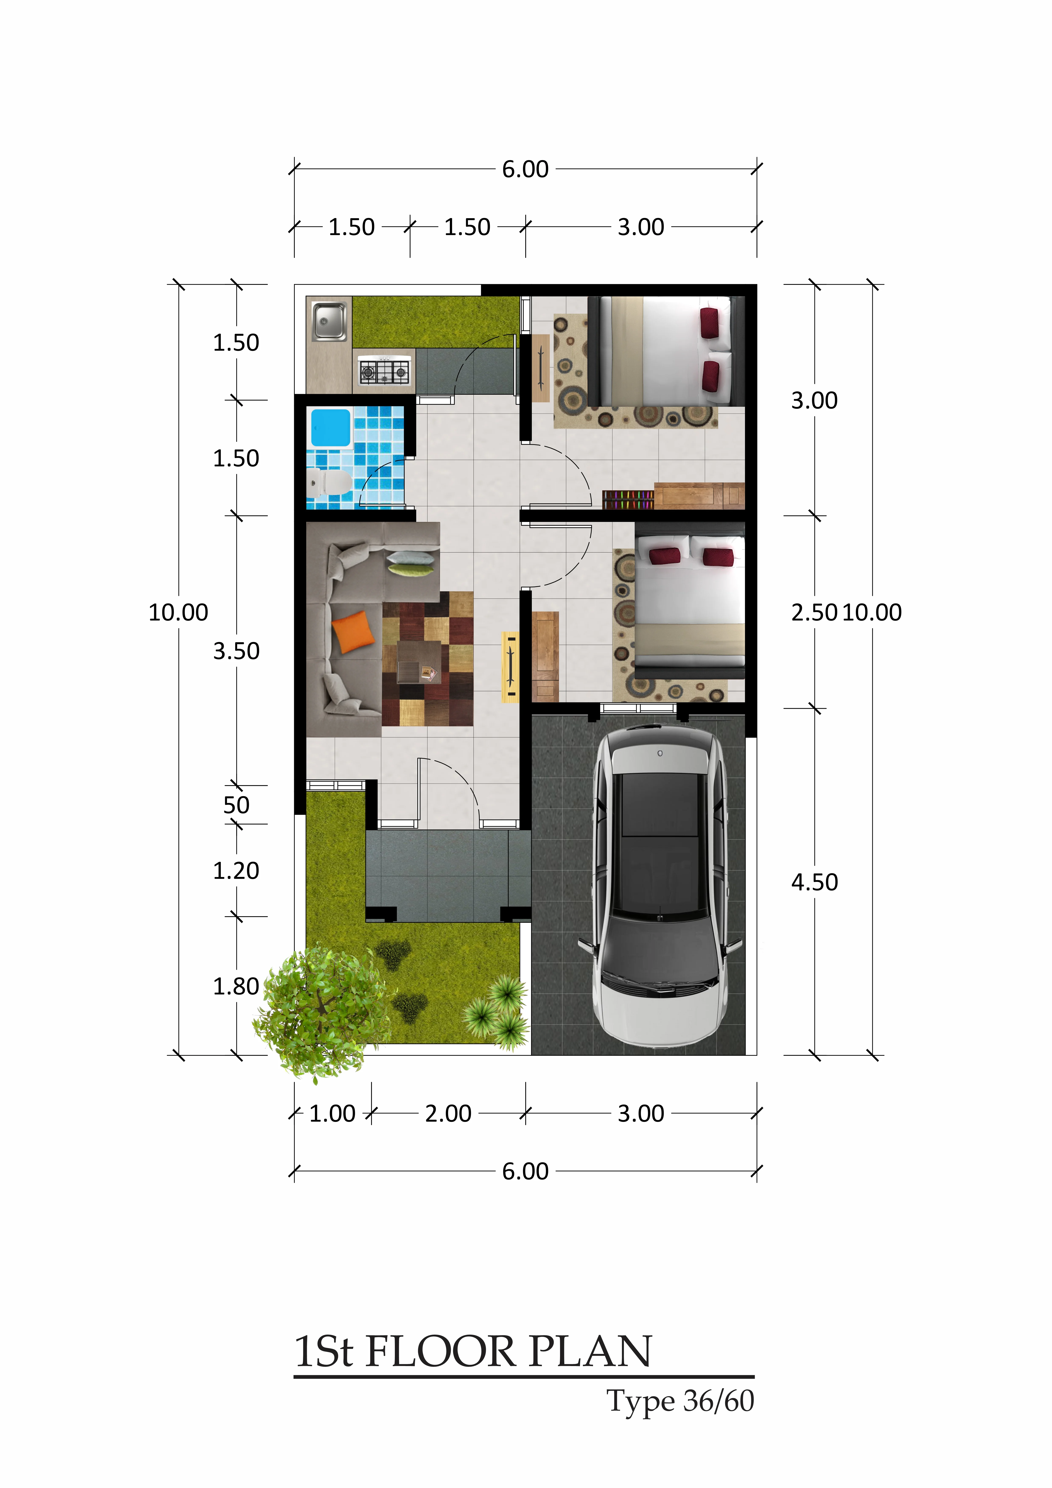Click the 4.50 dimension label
[814, 882]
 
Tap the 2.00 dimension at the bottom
[448, 1113]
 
